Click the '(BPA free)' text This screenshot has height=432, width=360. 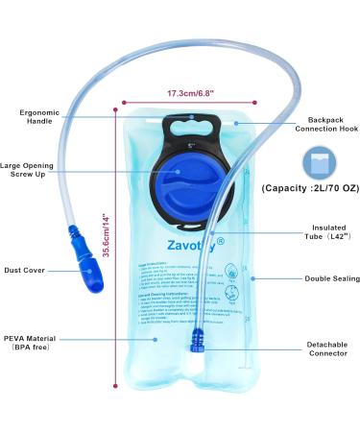click(x=35, y=350)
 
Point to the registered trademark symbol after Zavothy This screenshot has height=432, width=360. click(x=220, y=240)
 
